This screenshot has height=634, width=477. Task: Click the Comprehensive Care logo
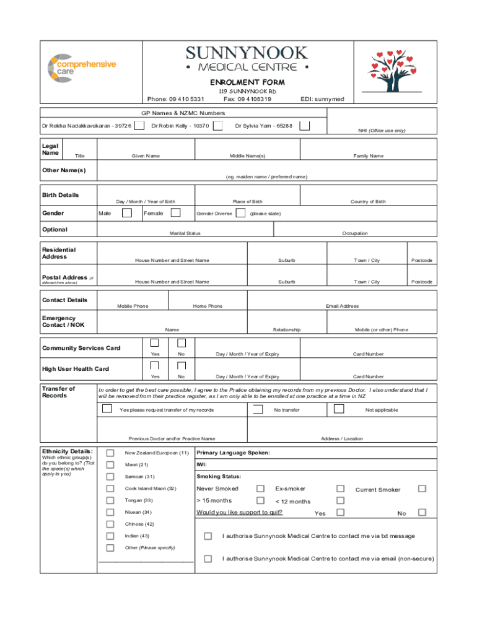click(x=81, y=67)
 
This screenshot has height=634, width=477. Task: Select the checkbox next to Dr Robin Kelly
click(x=218, y=126)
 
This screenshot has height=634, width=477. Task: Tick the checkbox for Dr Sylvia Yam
click(x=305, y=126)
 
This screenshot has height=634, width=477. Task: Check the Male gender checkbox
click(x=126, y=213)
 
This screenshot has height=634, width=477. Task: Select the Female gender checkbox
click(x=175, y=213)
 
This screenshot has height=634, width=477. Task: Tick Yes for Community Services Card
click(x=155, y=343)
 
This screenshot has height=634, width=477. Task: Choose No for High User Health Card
click(x=181, y=365)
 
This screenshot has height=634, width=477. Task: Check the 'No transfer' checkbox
click(x=258, y=409)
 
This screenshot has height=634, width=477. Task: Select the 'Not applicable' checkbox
click(x=338, y=409)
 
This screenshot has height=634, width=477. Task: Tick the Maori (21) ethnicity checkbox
click(x=110, y=465)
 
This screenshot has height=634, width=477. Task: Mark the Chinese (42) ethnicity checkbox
click(x=110, y=524)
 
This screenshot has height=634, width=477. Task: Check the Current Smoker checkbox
click(x=422, y=489)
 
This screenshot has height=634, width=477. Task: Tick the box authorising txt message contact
click(x=208, y=536)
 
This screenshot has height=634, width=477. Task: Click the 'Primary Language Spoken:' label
click(x=233, y=453)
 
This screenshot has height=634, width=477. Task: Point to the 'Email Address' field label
click(x=342, y=306)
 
